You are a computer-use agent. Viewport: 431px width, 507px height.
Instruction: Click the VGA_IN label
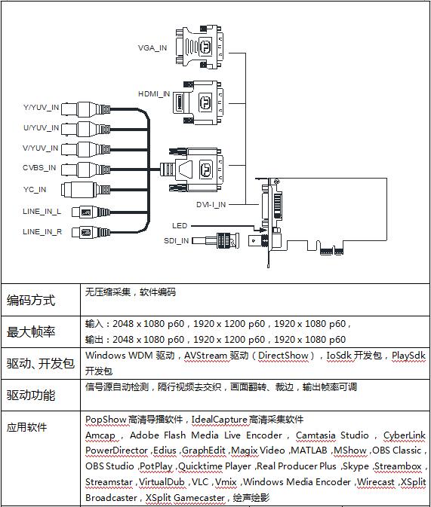pos(152,48)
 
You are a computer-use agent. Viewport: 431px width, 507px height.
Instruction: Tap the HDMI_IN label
pos(154,94)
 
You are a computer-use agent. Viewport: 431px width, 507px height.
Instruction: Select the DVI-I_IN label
pos(211,205)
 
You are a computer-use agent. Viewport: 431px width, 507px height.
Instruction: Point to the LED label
pos(180,226)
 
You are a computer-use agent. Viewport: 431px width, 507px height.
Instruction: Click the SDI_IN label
pos(177,241)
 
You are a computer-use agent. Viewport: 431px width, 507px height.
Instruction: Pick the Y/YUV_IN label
pos(41,107)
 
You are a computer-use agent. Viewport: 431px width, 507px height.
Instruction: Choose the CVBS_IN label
pos(39,168)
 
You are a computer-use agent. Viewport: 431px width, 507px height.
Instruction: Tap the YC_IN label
pos(35,190)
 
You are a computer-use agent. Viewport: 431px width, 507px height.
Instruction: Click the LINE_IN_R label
pos(42,232)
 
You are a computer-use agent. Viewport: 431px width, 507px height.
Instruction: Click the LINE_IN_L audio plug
pos(91,212)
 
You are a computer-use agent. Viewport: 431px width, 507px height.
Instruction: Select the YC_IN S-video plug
pos(86,190)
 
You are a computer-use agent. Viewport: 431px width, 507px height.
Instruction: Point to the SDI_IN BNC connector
pos(216,241)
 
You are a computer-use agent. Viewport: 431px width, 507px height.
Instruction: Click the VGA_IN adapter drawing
pos(200,47)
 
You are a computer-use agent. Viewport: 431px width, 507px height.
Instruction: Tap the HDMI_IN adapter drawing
pos(198,102)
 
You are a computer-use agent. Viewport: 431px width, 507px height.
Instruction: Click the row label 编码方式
pos(31,301)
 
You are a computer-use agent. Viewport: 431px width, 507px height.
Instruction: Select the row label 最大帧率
pos(31,331)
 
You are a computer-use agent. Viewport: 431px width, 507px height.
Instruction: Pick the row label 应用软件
pos(27,427)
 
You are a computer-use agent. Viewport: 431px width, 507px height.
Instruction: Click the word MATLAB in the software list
pos(309,450)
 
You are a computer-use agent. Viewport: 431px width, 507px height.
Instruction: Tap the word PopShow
pos(106,420)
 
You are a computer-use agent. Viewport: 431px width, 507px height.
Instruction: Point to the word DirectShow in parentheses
pos(283,356)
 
